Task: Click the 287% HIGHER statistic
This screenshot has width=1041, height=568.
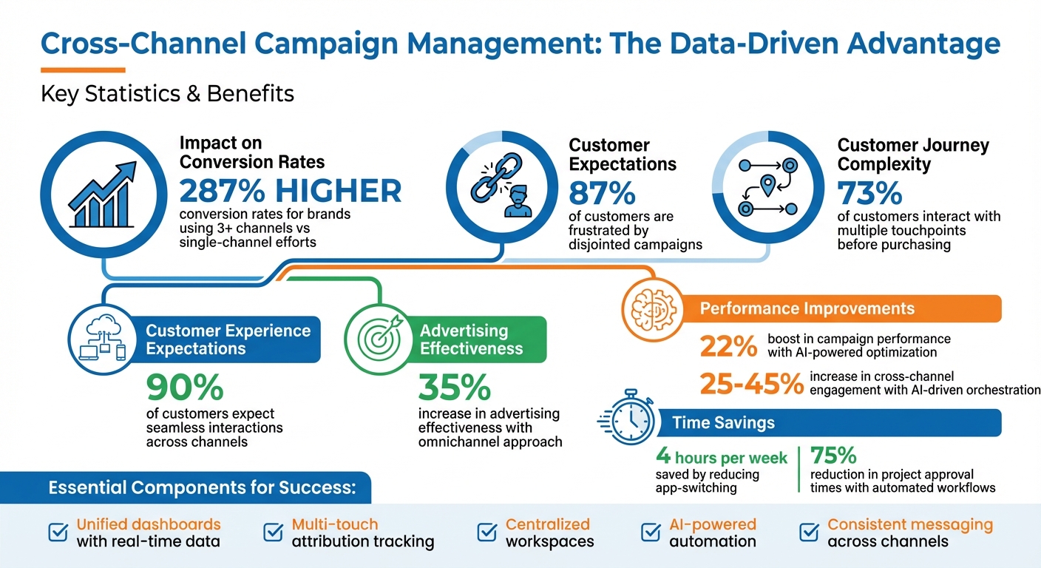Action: point(291,192)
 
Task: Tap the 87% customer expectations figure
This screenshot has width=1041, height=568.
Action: point(602,193)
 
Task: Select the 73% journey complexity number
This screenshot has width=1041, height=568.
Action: point(869,194)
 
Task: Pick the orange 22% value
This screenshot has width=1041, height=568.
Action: point(728,345)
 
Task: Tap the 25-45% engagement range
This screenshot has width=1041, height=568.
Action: point(751,383)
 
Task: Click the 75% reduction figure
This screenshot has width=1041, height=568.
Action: point(833,453)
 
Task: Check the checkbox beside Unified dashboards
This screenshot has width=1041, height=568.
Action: point(57,532)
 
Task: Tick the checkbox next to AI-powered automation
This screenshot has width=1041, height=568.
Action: point(650,532)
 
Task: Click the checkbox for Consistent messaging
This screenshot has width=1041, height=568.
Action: point(808,532)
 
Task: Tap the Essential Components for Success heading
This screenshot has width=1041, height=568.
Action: point(202,488)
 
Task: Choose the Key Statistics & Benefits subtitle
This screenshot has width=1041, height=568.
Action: point(167,94)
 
